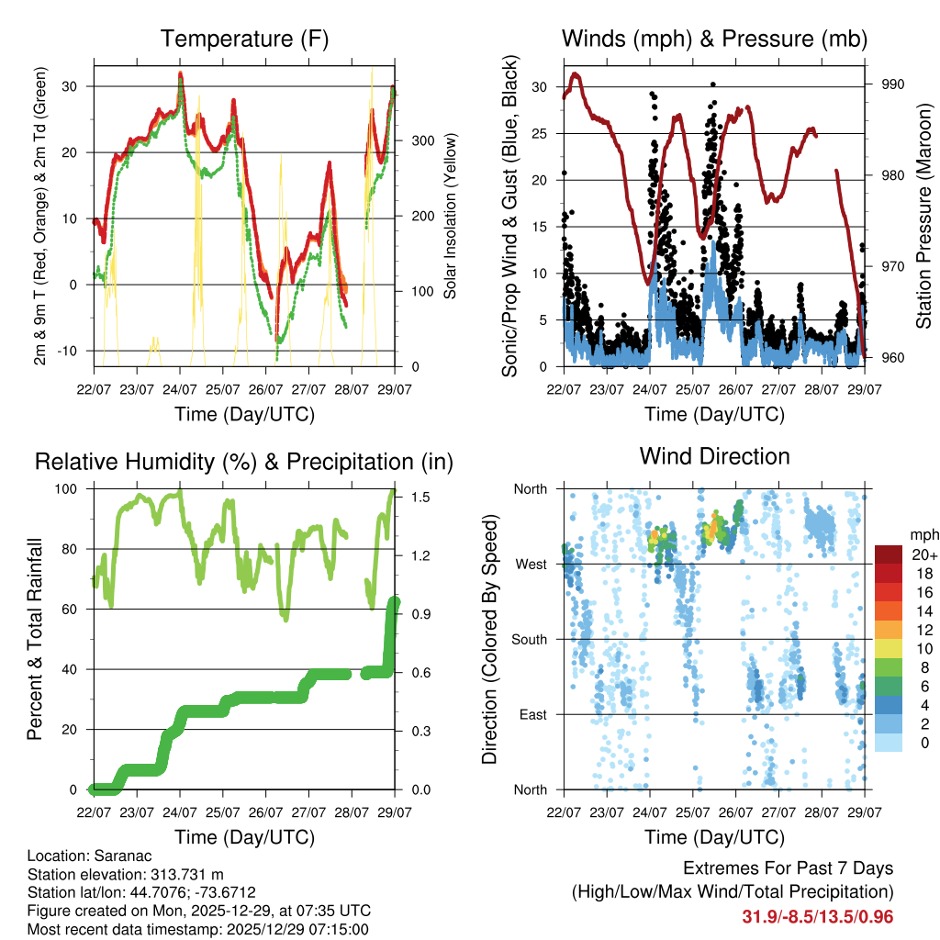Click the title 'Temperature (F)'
coord(244,39)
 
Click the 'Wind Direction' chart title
coord(714,456)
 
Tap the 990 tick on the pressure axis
coord(893,84)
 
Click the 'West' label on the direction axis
coord(531,564)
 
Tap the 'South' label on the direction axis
coord(528,639)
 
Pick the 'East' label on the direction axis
coord(532,714)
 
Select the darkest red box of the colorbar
coord(890,554)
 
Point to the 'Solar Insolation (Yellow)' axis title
coord(451,216)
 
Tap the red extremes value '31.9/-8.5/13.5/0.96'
coord(818,916)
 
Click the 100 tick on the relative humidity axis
coord(74,488)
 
